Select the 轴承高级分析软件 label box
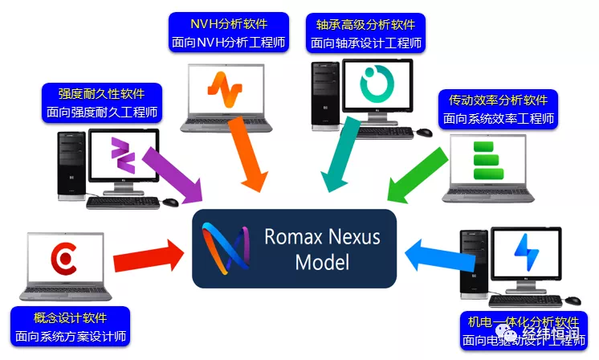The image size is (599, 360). coord(366,31)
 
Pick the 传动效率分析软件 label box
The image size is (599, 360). coord(498,108)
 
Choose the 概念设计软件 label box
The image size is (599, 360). coord(71,326)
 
